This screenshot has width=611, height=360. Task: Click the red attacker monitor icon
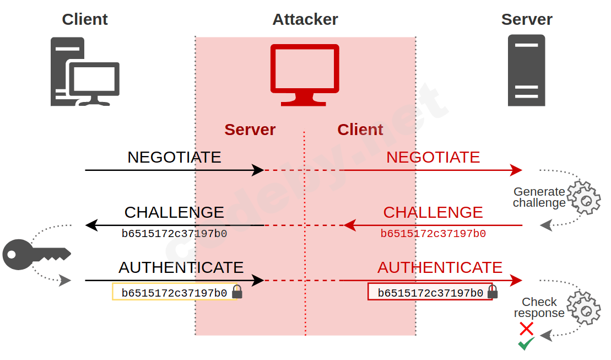305,74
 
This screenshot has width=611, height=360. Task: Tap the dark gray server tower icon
526,70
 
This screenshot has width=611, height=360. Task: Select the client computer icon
85,72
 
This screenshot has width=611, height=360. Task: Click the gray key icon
36,254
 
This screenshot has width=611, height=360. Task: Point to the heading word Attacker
305,19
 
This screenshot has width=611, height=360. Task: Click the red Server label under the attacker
250,130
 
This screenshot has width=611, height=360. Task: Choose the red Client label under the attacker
360,130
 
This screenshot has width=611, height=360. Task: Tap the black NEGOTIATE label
174,157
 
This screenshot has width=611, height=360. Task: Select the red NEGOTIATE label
433,157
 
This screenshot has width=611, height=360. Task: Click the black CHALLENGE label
174,212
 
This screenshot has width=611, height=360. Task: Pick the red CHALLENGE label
433,212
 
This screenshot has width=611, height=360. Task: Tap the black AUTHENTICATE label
181,267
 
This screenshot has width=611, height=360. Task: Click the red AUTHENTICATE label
440,267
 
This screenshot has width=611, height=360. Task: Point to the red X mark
526,329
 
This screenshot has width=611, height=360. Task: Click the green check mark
526,344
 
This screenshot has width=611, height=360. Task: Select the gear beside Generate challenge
584,198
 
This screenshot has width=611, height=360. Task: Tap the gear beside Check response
584,308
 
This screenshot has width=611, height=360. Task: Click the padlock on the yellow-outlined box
237,292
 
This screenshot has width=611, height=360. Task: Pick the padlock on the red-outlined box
493,292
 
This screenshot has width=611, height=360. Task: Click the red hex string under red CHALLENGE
433,234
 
